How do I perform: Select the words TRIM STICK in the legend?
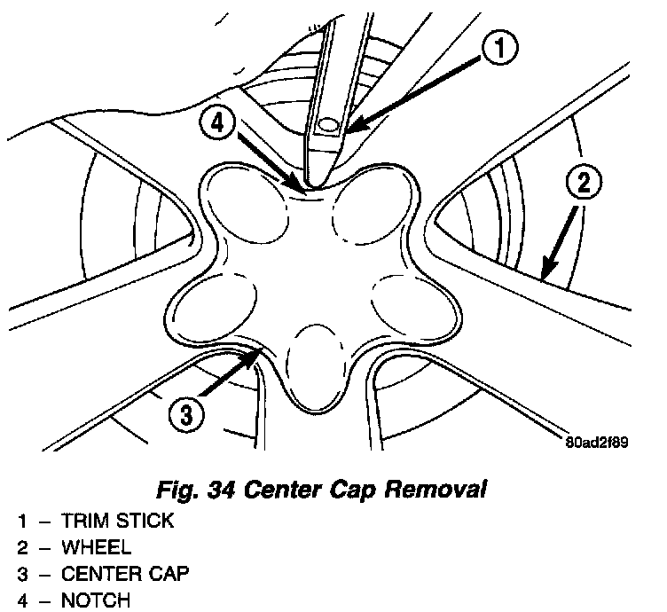pos(117,522)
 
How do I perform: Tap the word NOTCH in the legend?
pos(95,600)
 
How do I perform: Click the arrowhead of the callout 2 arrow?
pos(543,274)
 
